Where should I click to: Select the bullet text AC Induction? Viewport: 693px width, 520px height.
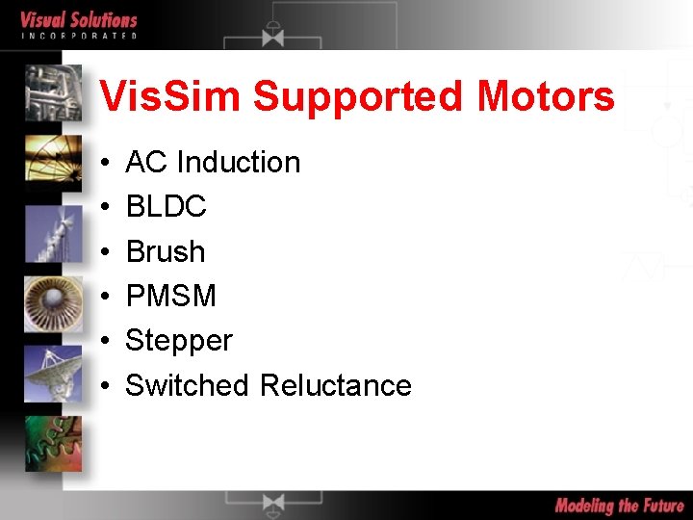213,162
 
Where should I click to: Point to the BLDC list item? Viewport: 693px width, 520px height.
166,206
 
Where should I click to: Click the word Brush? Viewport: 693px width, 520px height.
166,251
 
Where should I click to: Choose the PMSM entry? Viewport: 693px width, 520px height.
171,296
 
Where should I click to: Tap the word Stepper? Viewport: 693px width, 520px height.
179,341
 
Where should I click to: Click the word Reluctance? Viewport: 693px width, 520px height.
336,385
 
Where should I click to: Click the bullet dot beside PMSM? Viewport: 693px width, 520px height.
103,297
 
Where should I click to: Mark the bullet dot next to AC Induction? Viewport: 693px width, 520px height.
103,163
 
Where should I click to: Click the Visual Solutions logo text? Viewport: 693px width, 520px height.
79,19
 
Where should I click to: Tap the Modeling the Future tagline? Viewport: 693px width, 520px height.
619,506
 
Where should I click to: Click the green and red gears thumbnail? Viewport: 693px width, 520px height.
53,443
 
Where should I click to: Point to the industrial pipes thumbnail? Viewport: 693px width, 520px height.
53,91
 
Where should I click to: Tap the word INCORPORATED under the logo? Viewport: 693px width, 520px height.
79,36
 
